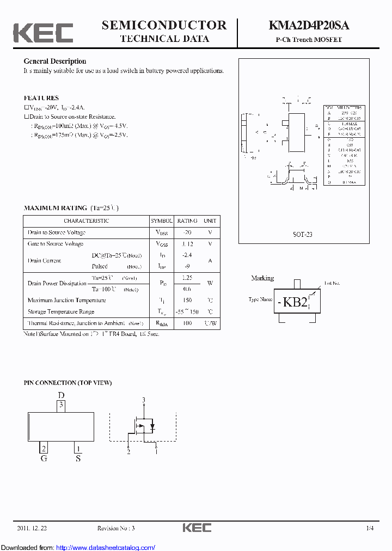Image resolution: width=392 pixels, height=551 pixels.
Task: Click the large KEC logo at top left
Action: click(x=43, y=33)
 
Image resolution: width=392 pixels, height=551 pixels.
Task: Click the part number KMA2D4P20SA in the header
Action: click(x=309, y=25)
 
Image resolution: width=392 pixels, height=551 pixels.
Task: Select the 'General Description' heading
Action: click(x=54, y=62)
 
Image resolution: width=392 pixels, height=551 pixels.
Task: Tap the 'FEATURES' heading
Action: click(x=41, y=98)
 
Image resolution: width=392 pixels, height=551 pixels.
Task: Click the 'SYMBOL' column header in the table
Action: click(x=162, y=221)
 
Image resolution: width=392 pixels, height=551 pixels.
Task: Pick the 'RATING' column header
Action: click(x=187, y=221)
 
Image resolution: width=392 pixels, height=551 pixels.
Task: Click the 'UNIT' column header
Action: click(x=210, y=221)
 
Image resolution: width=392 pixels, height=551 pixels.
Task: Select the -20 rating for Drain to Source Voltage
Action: click(x=187, y=232)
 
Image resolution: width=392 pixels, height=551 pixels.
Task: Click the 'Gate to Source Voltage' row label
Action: click(x=56, y=244)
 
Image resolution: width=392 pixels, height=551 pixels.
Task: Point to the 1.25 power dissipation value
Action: click(x=187, y=278)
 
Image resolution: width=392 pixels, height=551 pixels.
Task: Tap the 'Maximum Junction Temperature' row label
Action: click(x=66, y=300)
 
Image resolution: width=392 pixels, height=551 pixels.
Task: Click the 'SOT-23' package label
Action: click(x=303, y=235)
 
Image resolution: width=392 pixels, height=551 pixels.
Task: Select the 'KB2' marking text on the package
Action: click(x=296, y=302)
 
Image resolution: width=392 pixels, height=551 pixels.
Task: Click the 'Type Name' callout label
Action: click(x=260, y=299)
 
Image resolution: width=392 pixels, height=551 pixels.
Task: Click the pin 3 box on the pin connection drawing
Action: click(x=62, y=405)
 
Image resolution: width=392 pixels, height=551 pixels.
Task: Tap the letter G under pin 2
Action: click(x=44, y=458)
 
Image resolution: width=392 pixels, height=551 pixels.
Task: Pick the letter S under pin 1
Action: click(x=78, y=458)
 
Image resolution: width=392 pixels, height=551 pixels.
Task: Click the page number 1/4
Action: click(x=370, y=528)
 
